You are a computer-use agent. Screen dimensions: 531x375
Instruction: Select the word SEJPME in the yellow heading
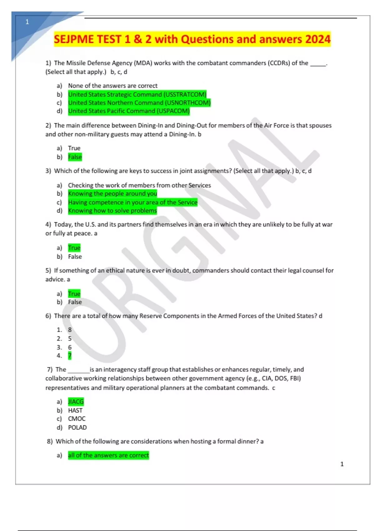(x=74, y=39)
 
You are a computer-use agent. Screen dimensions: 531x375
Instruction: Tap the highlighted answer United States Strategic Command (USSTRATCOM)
(x=137, y=94)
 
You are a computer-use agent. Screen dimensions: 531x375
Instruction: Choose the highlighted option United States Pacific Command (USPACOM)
(x=129, y=111)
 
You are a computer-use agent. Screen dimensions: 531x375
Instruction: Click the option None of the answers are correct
(x=112, y=86)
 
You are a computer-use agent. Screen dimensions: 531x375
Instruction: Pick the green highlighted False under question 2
(x=75, y=157)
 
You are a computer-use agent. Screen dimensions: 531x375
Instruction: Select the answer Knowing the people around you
(x=112, y=194)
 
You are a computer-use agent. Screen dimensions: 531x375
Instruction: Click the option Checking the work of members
(x=139, y=185)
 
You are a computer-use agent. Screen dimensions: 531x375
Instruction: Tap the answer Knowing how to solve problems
(x=112, y=211)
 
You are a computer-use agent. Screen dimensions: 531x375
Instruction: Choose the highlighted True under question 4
(x=74, y=248)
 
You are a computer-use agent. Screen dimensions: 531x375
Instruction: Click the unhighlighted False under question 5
(x=75, y=302)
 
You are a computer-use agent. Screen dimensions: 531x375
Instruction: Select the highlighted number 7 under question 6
(x=70, y=355)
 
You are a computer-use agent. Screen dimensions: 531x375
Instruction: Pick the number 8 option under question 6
(x=70, y=330)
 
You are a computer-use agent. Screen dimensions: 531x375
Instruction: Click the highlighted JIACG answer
(x=76, y=401)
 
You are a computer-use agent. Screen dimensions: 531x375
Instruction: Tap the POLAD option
(x=77, y=427)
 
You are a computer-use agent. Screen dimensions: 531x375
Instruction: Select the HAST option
(x=75, y=410)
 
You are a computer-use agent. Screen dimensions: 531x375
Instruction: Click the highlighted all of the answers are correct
(x=108, y=455)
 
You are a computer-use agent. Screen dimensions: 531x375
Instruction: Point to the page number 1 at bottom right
(x=342, y=464)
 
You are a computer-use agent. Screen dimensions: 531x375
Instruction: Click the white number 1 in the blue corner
(x=27, y=22)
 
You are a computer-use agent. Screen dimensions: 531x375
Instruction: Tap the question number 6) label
(x=48, y=316)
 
